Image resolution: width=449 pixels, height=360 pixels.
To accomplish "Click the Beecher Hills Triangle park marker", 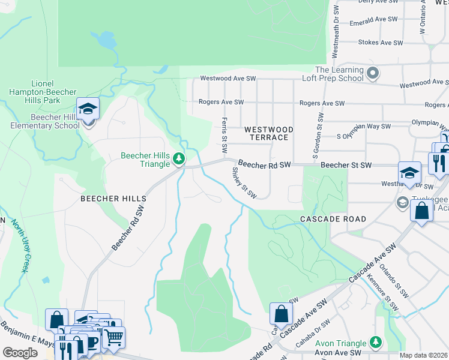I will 179,159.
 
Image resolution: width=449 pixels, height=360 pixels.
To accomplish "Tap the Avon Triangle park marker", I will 375,341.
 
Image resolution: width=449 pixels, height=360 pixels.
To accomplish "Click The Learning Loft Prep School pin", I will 373,74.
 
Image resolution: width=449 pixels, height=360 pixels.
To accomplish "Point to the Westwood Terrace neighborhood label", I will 269,133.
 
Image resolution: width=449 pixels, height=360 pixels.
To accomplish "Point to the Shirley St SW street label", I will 244,182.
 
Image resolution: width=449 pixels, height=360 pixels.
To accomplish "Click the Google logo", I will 20,353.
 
